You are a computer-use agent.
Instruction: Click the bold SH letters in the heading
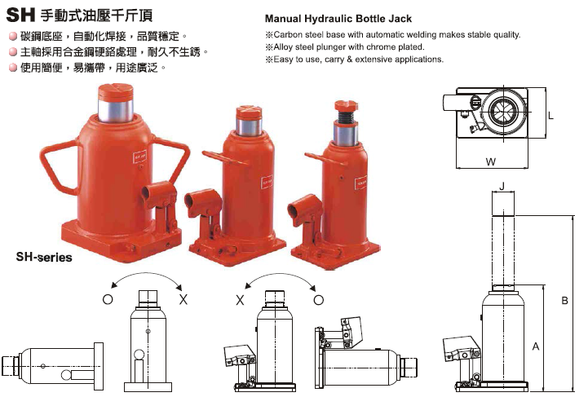pyautogui.click(x=20, y=15)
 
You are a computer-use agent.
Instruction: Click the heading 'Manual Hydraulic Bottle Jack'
pyautogui.click(x=338, y=19)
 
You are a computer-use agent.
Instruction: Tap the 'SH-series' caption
pyautogui.click(x=44, y=257)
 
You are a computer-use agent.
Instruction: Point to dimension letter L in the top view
pyautogui.click(x=550, y=116)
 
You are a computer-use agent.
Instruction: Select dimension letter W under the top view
pyautogui.click(x=490, y=161)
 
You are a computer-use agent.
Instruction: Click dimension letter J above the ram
pyautogui.click(x=502, y=187)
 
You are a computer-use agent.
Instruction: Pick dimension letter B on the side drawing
pyautogui.click(x=564, y=300)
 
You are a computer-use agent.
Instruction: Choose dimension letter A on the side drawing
pyautogui.click(x=536, y=346)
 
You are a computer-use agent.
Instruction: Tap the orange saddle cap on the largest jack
pyautogui.click(x=116, y=92)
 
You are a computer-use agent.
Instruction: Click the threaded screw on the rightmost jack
pyautogui.click(x=345, y=117)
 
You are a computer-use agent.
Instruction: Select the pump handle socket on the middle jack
pyautogui.click(x=202, y=202)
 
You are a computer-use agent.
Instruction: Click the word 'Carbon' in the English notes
pyautogui.click(x=288, y=35)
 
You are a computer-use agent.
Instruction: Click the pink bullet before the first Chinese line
pyautogui.click(x=13, y=37)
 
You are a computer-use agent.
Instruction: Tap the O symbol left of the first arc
pyautogui.click(x=108, y=299)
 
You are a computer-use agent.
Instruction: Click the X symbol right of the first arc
pyautogui.click(x=183, y=299)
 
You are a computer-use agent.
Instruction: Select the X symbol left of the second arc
pyautogui.click(x=240, y=300)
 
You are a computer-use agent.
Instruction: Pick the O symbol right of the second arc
pyautogui.click(x=318, y=300)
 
